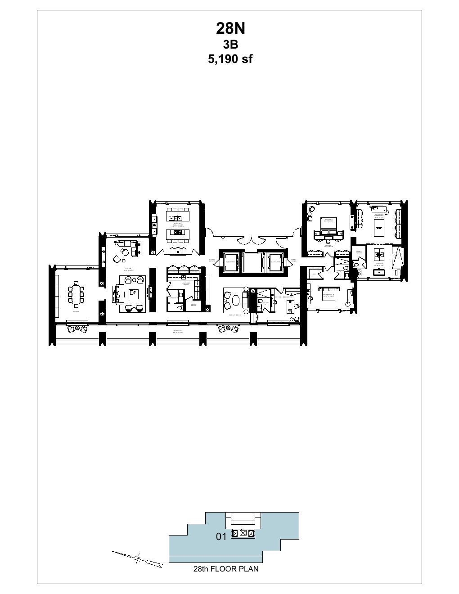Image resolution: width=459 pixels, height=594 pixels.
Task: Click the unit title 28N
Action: tap(230, 28)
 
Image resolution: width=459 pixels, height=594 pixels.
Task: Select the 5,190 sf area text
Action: tap(230, 59)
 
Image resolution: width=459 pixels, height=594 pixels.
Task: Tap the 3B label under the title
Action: tap(230, 45)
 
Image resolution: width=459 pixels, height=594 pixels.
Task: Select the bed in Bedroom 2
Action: tap(328, 295)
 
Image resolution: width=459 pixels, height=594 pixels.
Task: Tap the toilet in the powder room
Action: tap(180, 306)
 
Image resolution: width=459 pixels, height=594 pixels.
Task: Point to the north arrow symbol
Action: tap(137, 558)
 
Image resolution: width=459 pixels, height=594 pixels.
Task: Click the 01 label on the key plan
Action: tap(221, 536)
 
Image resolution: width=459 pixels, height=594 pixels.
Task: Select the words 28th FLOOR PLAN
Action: tap(226, 569)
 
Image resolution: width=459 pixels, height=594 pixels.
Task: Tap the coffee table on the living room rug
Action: tap(133, 293)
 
